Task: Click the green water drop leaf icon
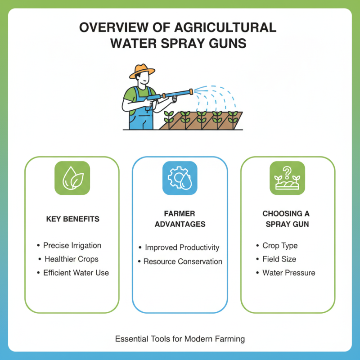[72, 178]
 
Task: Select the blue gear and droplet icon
[180, 178]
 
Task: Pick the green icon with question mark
[287, 178]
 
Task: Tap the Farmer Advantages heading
[180, 219]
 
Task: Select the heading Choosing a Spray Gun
[286, 219]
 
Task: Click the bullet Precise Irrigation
[72, 246]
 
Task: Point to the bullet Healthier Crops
[72, 259]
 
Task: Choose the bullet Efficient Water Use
[76, 273]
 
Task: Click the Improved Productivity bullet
[182, 248]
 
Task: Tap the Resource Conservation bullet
[183, 261]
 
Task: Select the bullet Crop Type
[280, 246]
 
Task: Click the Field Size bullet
[279, 259]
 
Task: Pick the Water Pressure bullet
[288, 273]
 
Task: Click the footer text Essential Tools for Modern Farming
[180, 338]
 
